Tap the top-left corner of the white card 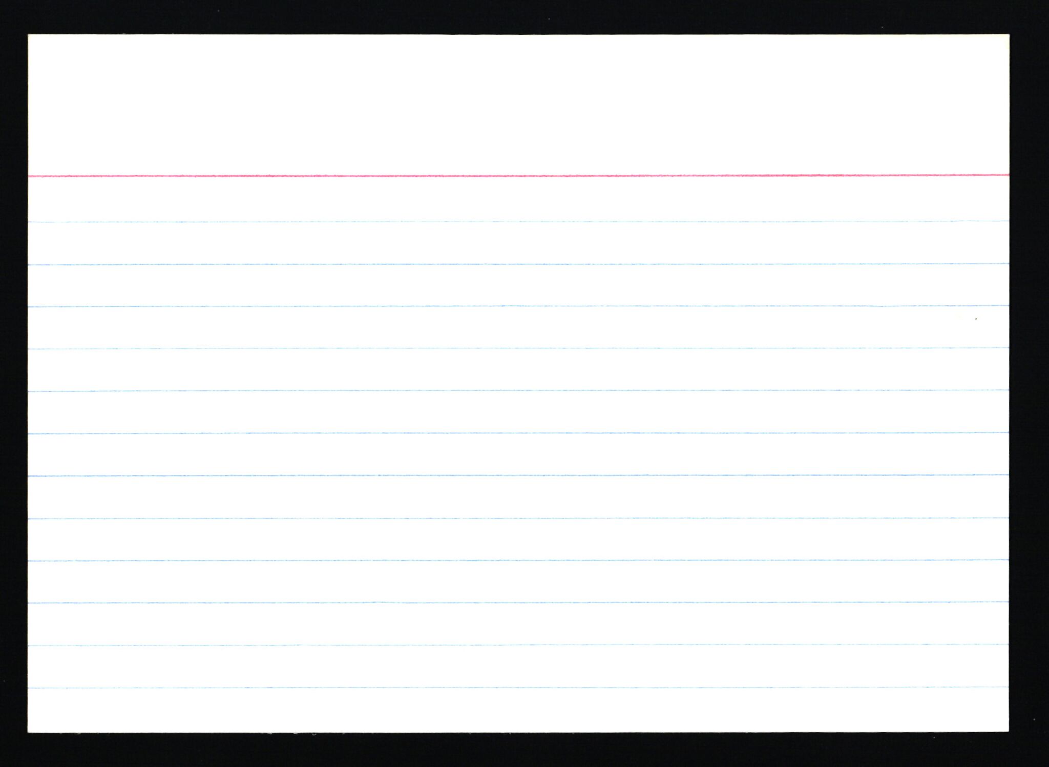(x=29, y=35)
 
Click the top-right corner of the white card (x=1009, y=35)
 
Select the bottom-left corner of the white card (x=29, y=732)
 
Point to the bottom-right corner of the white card (x=1008, y=731)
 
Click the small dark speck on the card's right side (x=976, y=319)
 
